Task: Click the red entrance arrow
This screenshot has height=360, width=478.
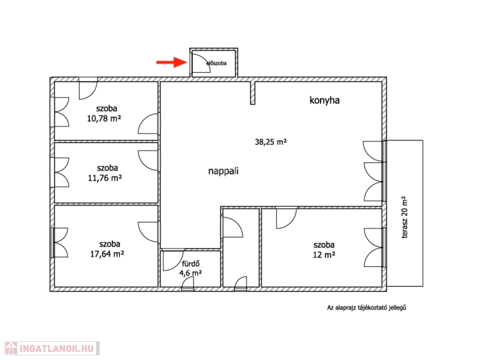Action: tap(172, 62)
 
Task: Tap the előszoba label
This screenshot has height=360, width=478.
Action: tap(217, 63)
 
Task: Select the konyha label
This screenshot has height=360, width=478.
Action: tap(324, 100)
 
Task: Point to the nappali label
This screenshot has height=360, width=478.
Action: tap(223, 171)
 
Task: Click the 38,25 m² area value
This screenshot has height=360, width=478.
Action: tap(271, 142)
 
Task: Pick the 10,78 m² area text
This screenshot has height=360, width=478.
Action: tap(104, 118)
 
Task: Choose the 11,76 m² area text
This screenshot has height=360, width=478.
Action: tap(105, 178)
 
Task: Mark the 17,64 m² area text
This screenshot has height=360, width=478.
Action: tap(107, 254)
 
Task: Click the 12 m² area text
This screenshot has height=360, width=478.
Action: tap(324, 255)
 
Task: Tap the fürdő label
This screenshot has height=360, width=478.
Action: tap(191, 264)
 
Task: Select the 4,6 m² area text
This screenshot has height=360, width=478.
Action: tap(191, 273)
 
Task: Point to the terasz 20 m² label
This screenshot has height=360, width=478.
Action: tap(404, 217)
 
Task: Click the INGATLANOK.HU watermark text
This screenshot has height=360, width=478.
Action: tap(56, 348)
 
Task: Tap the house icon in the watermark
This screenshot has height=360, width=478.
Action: tap(11, 348)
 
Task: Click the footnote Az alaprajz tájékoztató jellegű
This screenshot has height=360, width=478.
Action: tap(366, 307)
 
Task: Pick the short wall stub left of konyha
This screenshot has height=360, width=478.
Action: tap(253, 93)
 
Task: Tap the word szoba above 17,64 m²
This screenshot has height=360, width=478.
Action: tap(110, 244)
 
